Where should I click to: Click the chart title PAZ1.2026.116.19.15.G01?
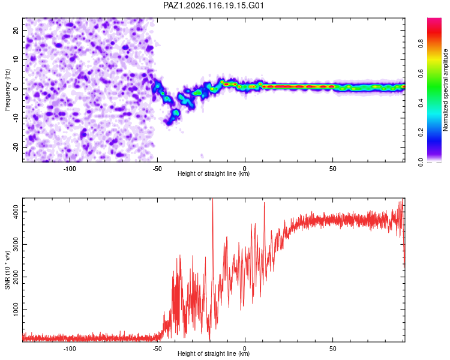[x=213, y=5]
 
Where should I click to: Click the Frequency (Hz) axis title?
[x=7, y=90]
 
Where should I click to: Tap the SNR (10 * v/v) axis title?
[x=7, y=270]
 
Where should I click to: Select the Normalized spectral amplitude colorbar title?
[x=445, y=90]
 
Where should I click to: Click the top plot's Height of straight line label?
[x=214, y=173]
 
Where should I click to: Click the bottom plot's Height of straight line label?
[x=214, y=353]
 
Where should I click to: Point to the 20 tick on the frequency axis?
[x=16, y=30]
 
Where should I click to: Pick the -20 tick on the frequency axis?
[x=16, y=148]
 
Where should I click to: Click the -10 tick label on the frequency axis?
[x=16, y=118]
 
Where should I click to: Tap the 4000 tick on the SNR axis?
[x=16, y=212]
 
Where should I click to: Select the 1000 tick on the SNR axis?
[x=16, y=310]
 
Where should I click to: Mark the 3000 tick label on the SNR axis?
[x=16, y=245]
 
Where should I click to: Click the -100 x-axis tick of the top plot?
[x=69, y=169]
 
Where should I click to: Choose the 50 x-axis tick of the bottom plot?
[x=332, y=349]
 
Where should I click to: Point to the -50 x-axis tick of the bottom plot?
[x=157, y=349]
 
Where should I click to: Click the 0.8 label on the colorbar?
[x=421, y=44]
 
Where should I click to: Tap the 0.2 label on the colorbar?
[x=421, y=133]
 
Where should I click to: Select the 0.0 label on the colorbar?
[x=421, y=162]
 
